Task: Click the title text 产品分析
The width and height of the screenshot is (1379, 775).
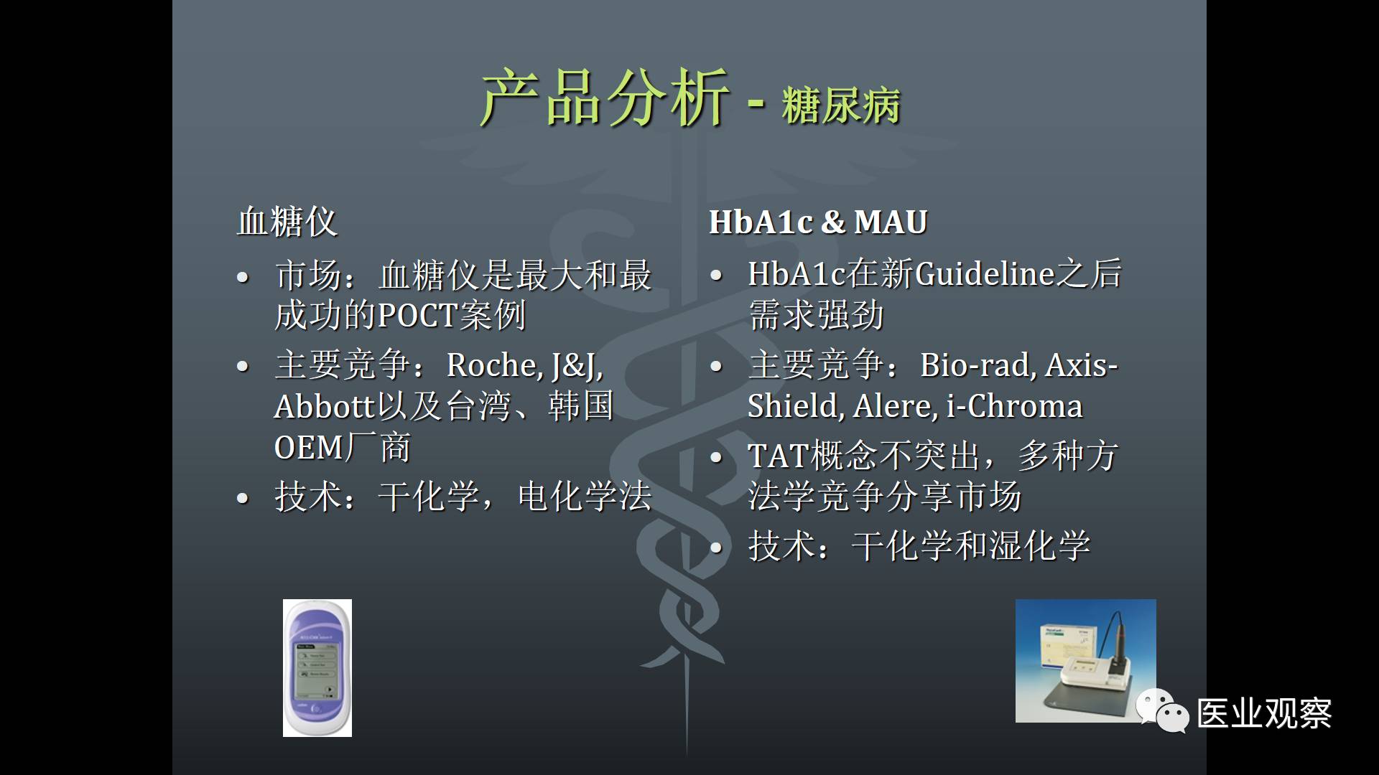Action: pos(605,98)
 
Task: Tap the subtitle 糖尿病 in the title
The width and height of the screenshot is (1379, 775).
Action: pos(841,106)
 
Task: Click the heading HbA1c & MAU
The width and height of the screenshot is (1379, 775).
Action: pos(818,222)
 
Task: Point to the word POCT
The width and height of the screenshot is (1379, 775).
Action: pos(417,315)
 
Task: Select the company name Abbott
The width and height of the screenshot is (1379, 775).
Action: pos(325,406)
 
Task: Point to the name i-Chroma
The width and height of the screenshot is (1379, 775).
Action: pos(1015,406)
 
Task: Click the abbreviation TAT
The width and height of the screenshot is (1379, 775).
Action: pos(778,456)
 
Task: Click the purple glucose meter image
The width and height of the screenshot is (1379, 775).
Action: pos(317,668)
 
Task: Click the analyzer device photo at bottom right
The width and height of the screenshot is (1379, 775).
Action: pos(1085,660)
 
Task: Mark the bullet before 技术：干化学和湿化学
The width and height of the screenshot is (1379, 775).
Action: pos(716,548)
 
